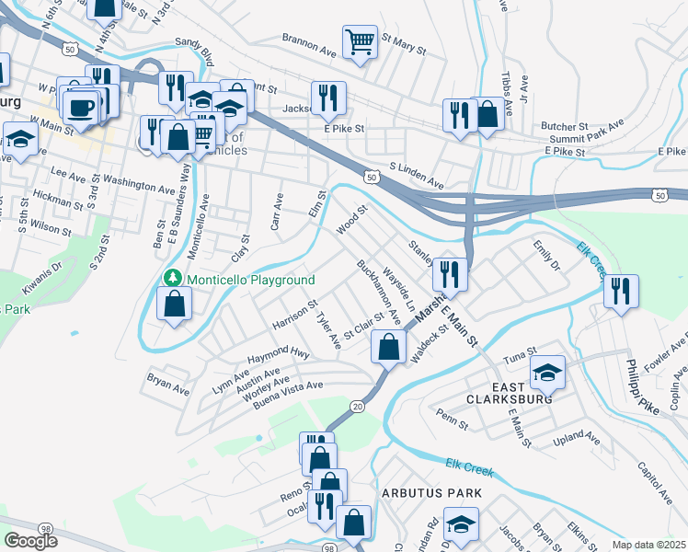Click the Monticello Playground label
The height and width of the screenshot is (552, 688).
(251, 280)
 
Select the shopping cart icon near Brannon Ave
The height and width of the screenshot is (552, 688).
(360, 41)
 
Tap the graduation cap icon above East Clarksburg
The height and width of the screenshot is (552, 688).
(547, 372)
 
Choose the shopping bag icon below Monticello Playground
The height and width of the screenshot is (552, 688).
(174, 304)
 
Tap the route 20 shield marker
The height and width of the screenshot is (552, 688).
(357, 406)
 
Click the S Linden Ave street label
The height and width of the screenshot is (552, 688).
(418, 172)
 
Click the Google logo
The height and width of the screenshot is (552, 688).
(30, 540)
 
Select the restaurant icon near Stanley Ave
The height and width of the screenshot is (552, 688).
(450, 273)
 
